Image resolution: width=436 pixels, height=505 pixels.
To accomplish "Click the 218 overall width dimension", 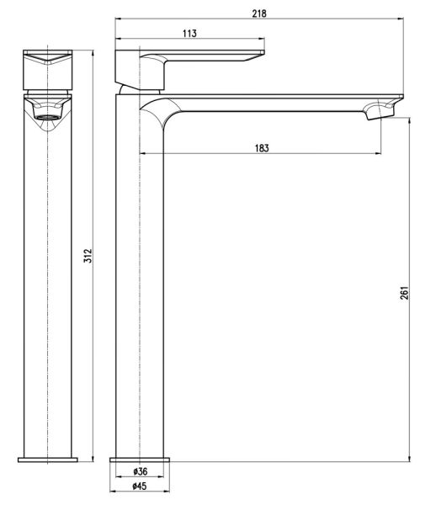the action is coord(259,13).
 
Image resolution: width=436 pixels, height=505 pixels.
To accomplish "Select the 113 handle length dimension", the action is coord(189,33).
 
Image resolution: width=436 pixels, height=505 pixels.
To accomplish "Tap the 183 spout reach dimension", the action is coord(262,148).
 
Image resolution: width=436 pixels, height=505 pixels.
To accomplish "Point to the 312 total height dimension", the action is coord(88,256).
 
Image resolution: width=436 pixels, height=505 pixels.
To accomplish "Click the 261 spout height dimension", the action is coord(405,292).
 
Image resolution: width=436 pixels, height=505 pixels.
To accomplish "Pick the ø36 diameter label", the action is coord(141,471).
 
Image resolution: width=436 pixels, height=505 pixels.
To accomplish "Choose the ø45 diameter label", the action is coord(140,486).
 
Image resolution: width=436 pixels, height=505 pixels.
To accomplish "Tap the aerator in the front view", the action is coord(47,117).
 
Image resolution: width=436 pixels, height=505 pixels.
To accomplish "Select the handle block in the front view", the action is coord(48,70).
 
